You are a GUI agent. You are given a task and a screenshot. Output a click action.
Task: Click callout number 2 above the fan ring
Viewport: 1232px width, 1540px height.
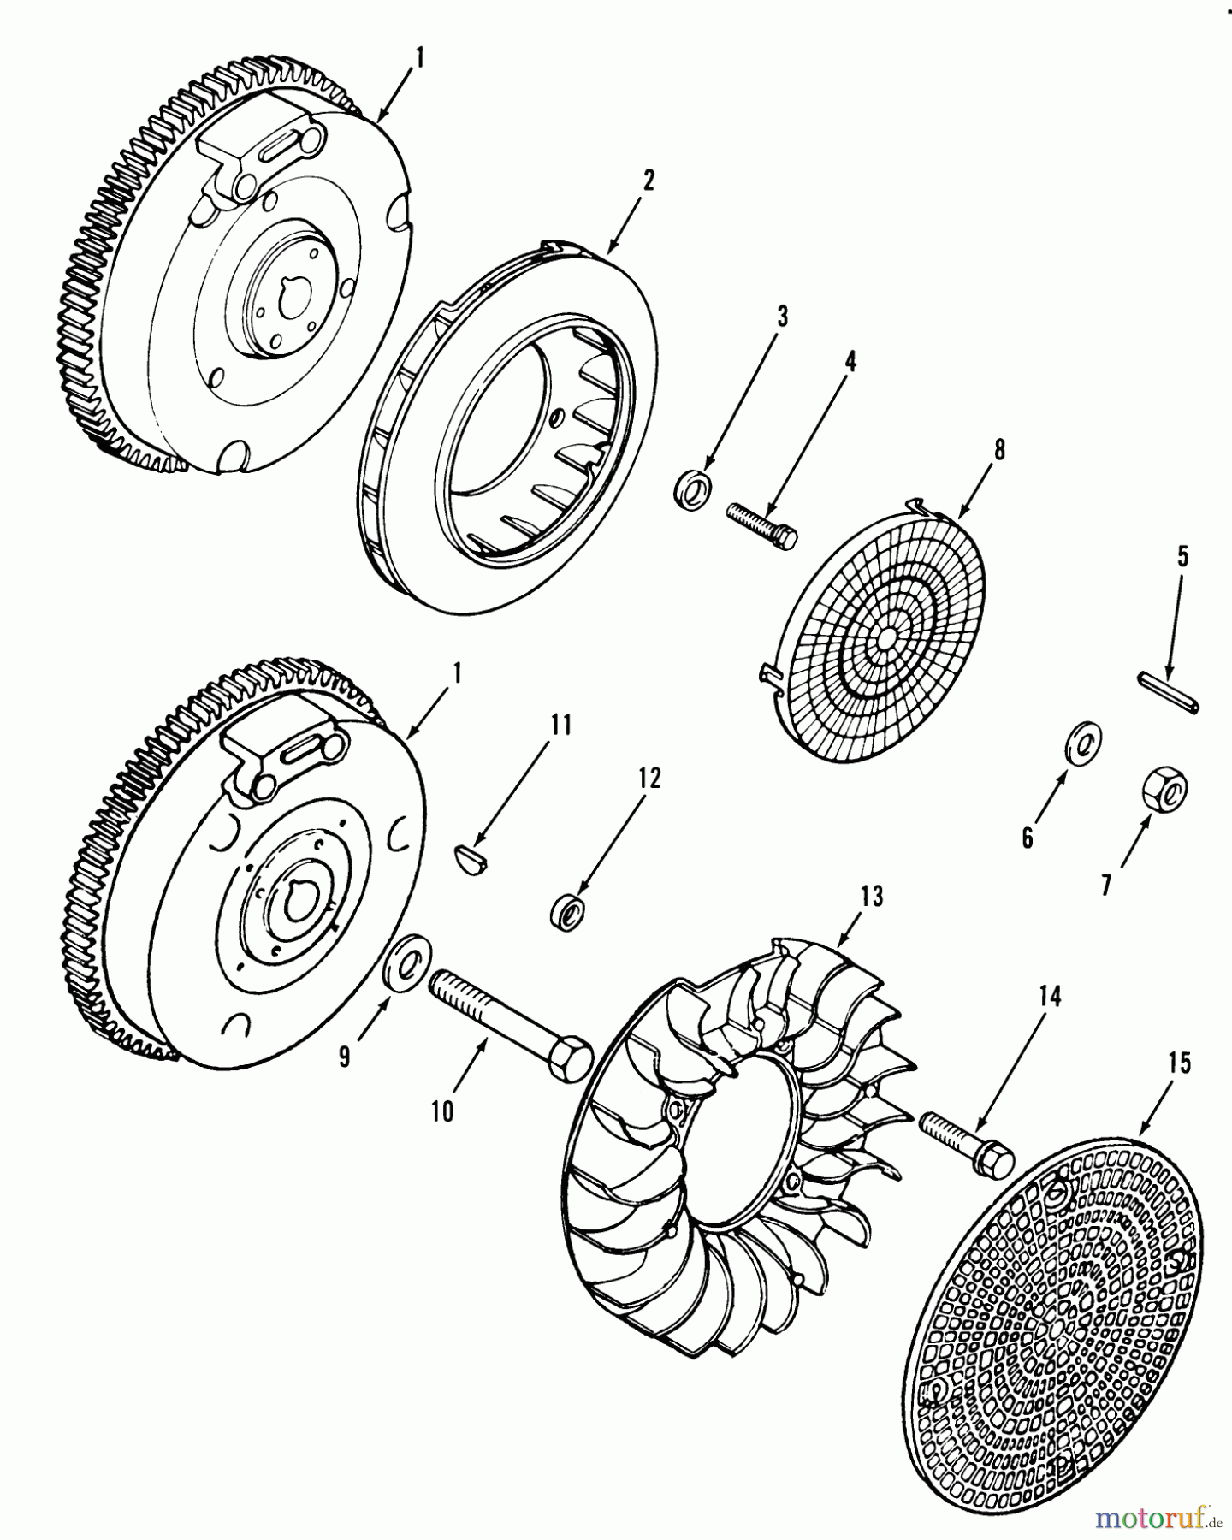[648, 181]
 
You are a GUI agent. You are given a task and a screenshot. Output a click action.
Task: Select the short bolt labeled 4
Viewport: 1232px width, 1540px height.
[761, 524]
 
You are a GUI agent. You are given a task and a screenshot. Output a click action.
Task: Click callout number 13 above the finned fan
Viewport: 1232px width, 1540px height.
[872, 898]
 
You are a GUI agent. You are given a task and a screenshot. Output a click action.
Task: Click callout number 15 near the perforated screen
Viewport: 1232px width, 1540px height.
[1179, 1063]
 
